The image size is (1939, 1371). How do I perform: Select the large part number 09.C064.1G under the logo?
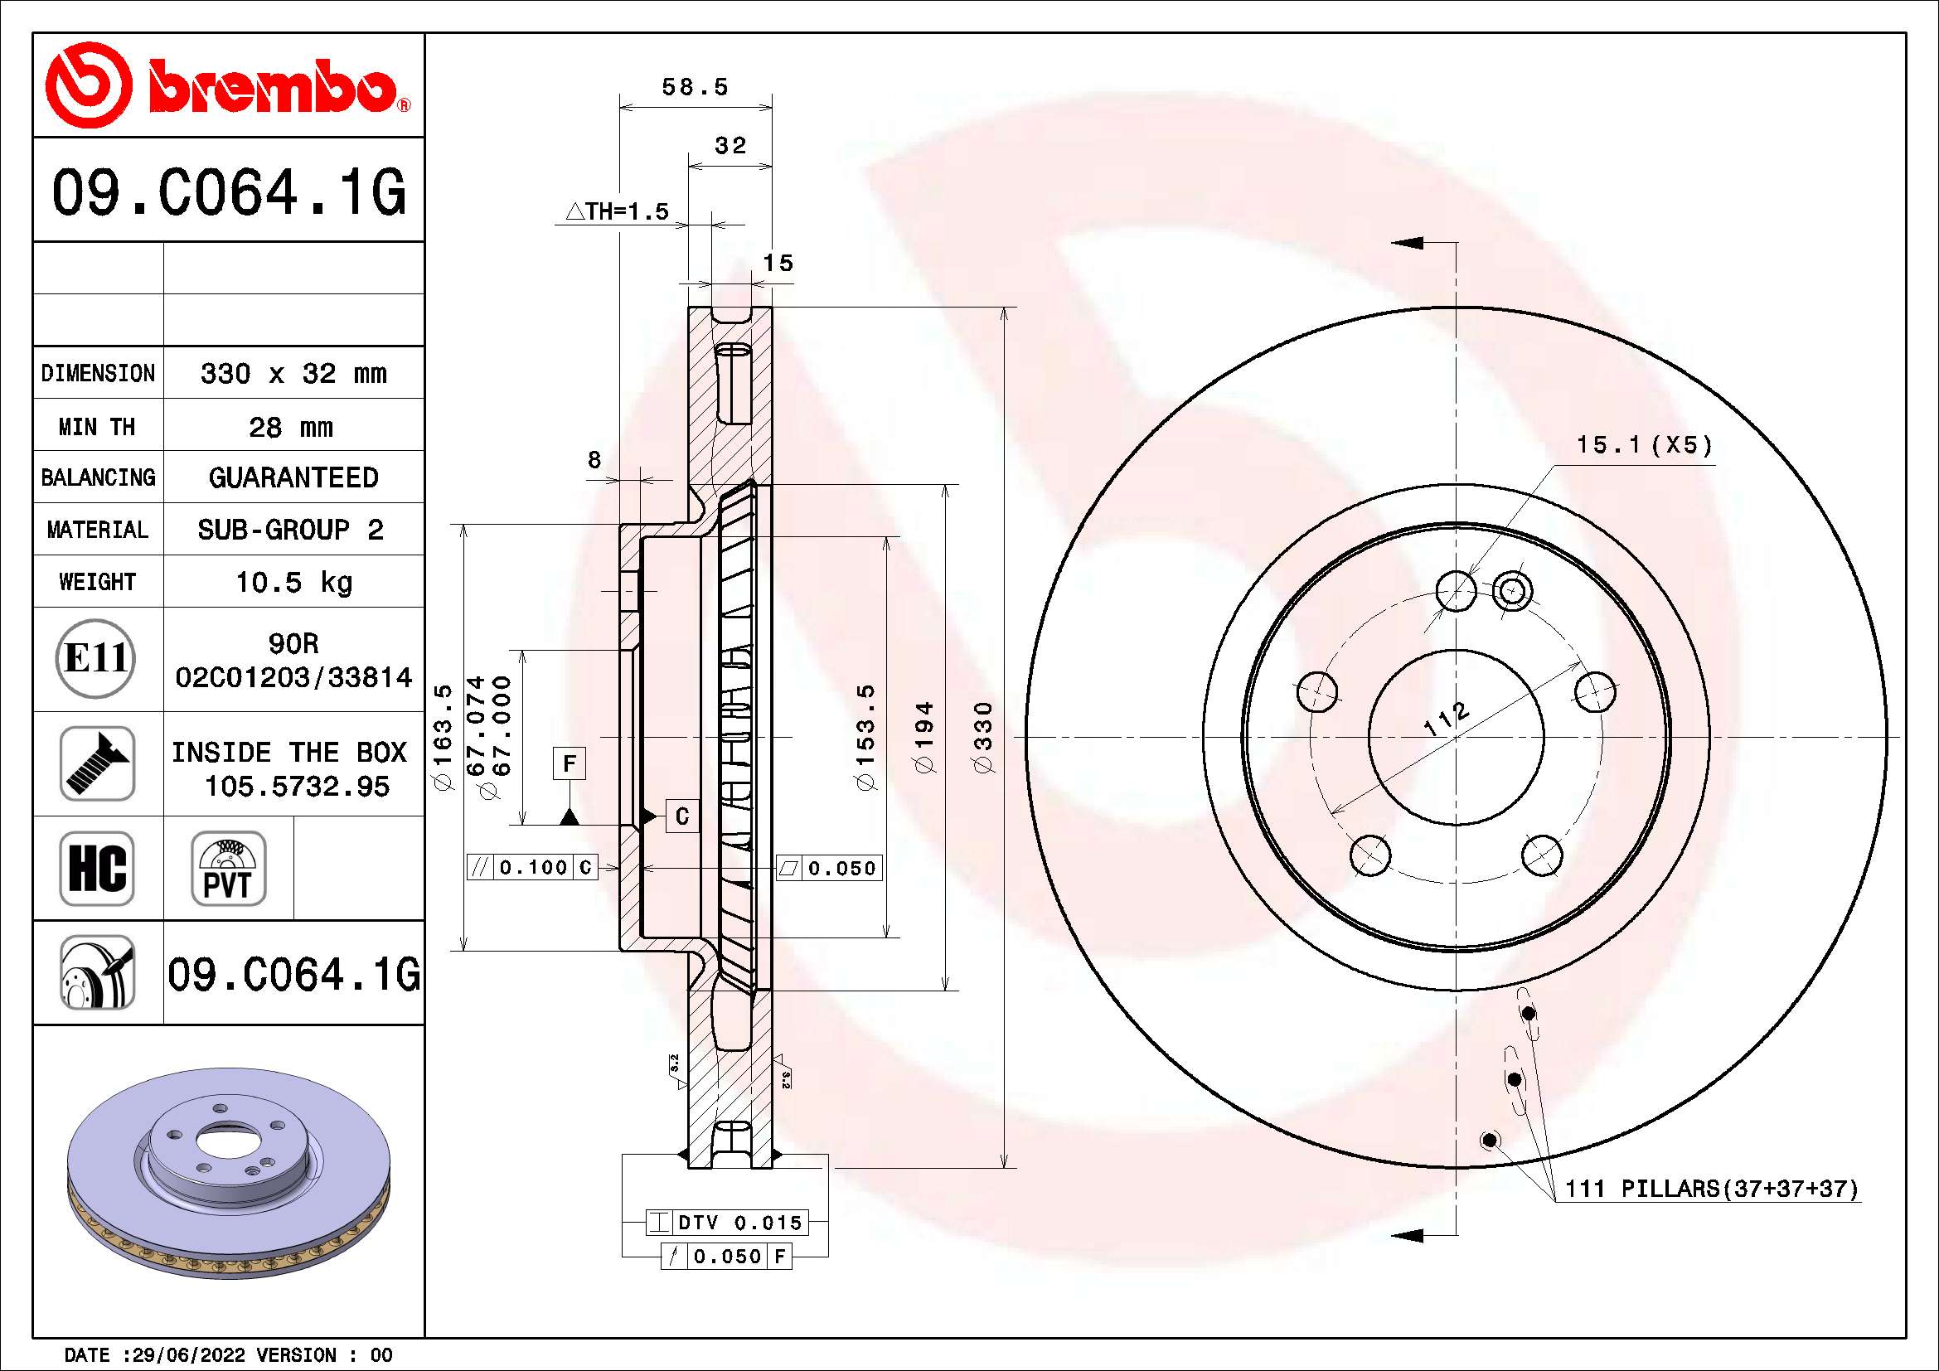(x=229, y=193)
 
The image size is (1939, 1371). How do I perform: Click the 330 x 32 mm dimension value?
(x=293, y=373)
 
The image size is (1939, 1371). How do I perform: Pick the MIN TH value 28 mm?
(x=291, y=427)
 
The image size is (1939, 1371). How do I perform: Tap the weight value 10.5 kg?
(x=293, y=582)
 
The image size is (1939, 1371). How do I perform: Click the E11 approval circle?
(x=96, y=658)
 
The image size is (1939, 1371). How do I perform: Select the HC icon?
(x=97, y=868)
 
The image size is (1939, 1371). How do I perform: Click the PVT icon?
(x=228, y=868)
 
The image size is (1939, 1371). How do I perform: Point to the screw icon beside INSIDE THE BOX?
(x=97, y=763)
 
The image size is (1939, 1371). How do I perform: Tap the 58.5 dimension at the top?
(x=695, y=86)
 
